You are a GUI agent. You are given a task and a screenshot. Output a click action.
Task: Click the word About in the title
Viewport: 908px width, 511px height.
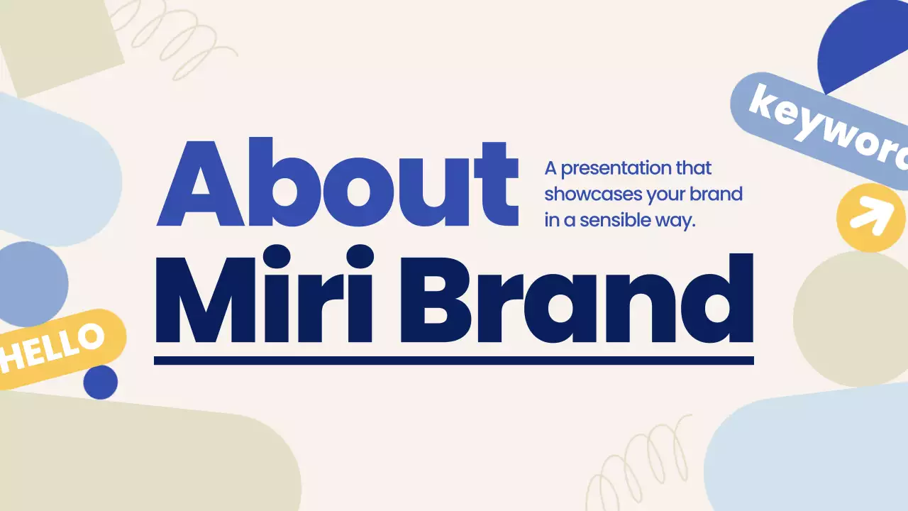coord(338,183)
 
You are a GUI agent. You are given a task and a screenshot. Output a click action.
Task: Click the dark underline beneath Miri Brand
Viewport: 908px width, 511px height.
coord(454,361)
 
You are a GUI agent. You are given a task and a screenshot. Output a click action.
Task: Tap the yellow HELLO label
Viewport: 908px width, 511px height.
coord(53,348)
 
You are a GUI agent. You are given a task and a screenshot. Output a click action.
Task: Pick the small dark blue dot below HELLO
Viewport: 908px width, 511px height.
coord(100,383)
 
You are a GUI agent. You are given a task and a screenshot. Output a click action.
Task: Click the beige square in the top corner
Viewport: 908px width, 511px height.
coord(60,43)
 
